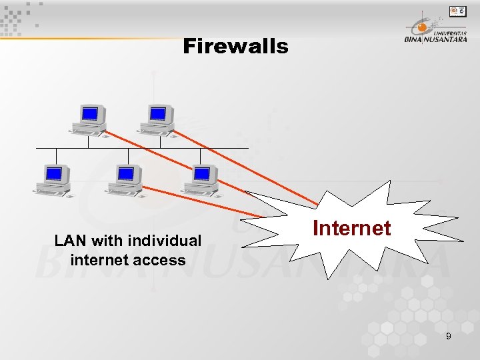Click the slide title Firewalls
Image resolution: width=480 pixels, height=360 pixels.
point(235,47)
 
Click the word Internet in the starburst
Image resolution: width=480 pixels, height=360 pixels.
point(351,228)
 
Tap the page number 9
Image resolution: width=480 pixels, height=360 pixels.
point(448,337)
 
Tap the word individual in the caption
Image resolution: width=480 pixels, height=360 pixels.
point(165,240)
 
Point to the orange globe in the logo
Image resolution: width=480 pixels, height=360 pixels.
point(421,27)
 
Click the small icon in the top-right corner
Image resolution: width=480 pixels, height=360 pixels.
point(457,11)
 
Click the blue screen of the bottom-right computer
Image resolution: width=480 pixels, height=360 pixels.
point(202,173)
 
